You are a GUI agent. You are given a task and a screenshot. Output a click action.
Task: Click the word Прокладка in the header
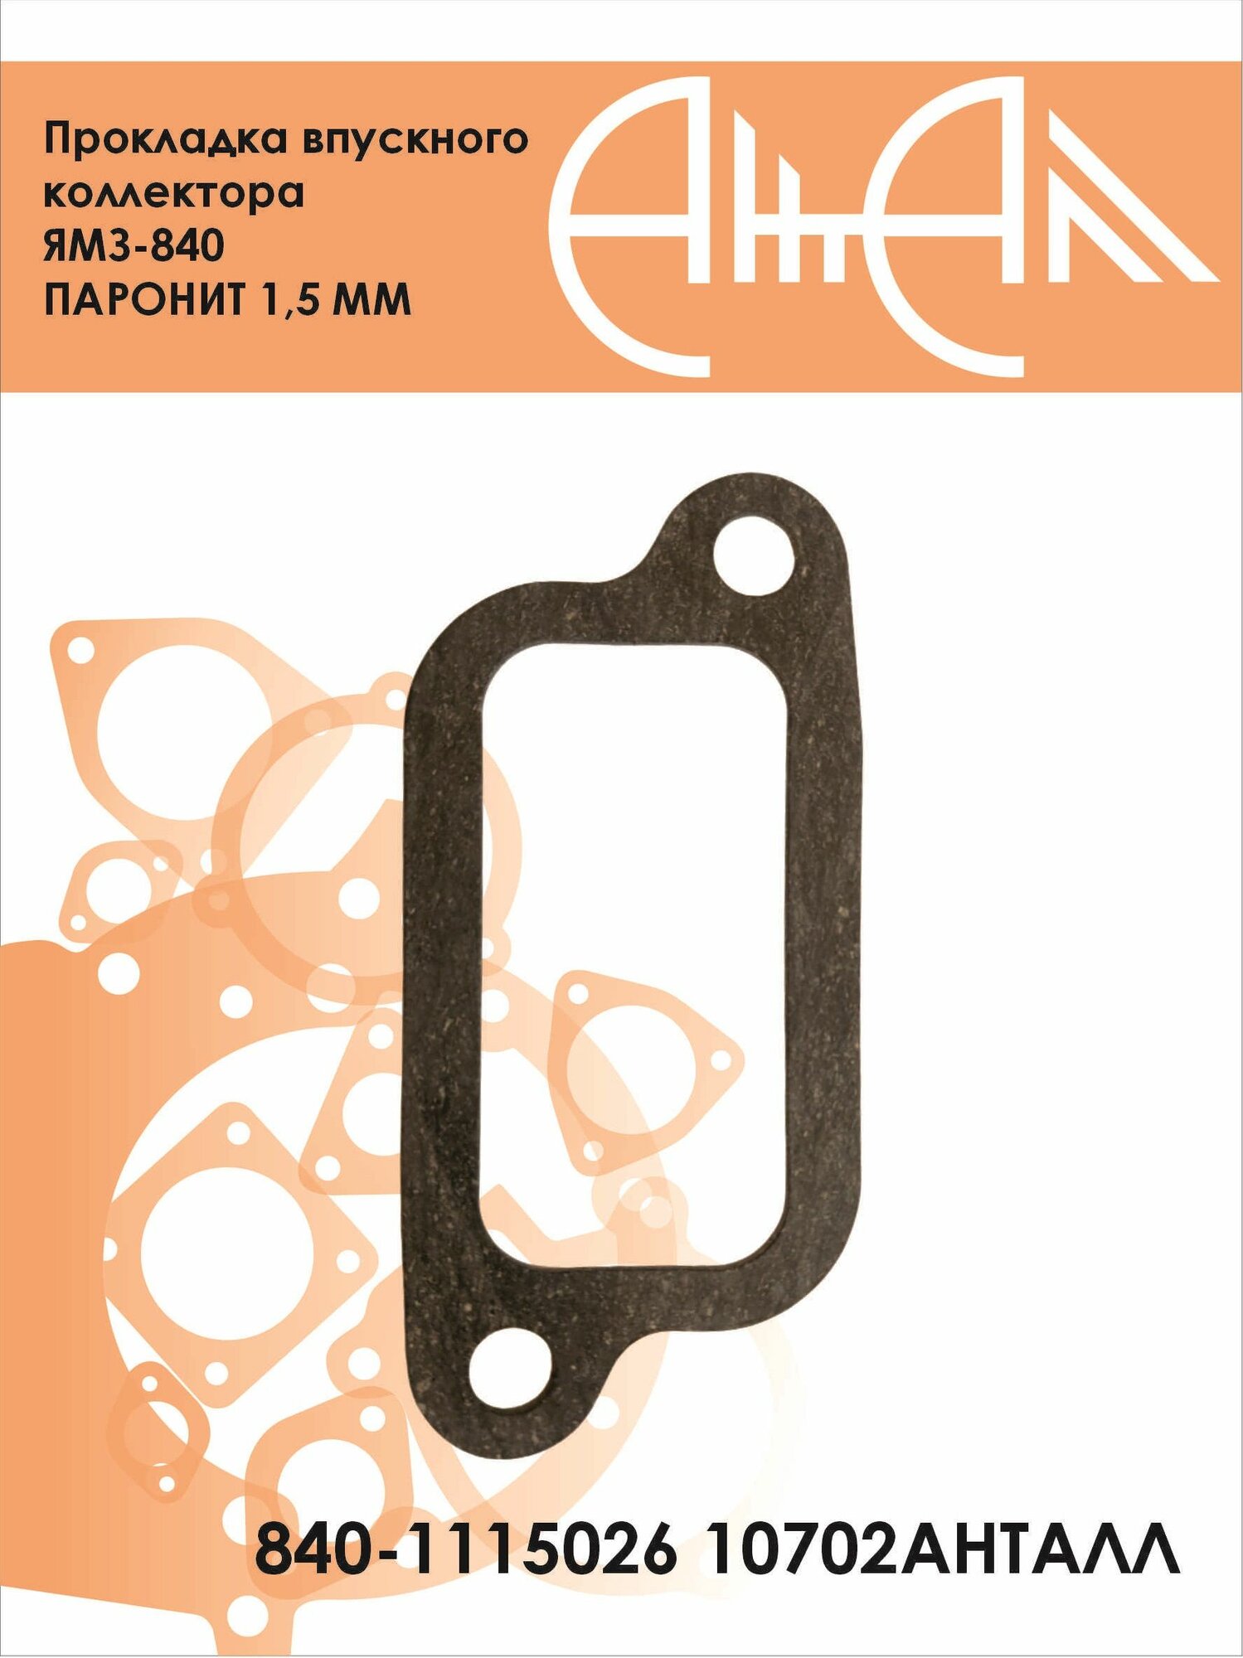pyautogui.click(x=163, y=140)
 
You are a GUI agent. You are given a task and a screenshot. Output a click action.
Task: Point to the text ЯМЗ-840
pyautogui.click(x=134, y=246)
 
